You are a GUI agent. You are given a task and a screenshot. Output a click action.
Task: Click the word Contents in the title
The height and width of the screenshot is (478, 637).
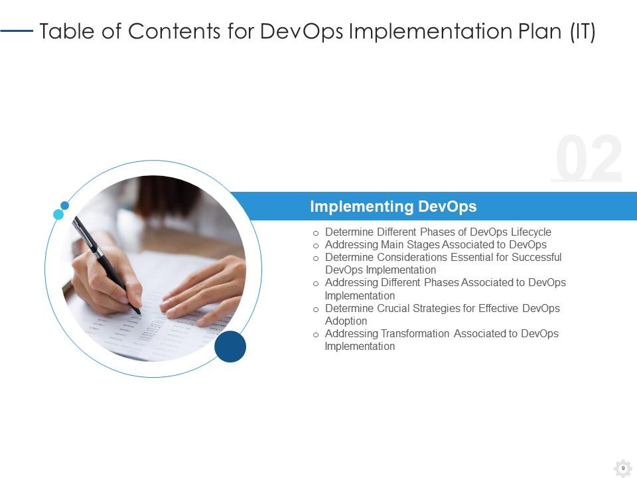point(175,31)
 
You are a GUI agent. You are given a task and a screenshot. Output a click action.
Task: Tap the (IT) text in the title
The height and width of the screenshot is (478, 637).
point(583,31)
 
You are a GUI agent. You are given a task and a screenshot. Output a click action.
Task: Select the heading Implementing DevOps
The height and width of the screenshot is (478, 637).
point(393,206)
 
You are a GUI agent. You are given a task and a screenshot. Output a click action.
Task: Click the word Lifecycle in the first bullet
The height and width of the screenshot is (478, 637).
point(531,232)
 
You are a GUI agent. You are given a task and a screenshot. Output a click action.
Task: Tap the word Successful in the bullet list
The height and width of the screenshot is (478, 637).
point(536,258)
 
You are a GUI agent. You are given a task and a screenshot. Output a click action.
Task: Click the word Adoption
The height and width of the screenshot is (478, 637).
point(346,321)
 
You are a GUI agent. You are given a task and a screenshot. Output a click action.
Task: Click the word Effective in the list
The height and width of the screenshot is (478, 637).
point(498,309)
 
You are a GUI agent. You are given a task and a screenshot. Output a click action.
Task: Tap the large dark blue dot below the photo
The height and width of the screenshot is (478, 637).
point(230,347)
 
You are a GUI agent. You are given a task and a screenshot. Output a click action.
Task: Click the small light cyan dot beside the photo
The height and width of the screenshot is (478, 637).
point(58,214)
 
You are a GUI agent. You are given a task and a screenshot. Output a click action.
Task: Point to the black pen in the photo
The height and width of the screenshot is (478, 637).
point(106,265)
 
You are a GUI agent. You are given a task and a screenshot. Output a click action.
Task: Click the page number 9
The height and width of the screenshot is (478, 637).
point(623,468)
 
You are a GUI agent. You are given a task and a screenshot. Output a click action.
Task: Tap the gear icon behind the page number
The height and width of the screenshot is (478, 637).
point(623,469)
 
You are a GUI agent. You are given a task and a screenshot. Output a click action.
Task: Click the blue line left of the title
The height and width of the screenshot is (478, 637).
point(17,31)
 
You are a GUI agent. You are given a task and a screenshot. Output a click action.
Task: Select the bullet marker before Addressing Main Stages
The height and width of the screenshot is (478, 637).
point(316,246)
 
